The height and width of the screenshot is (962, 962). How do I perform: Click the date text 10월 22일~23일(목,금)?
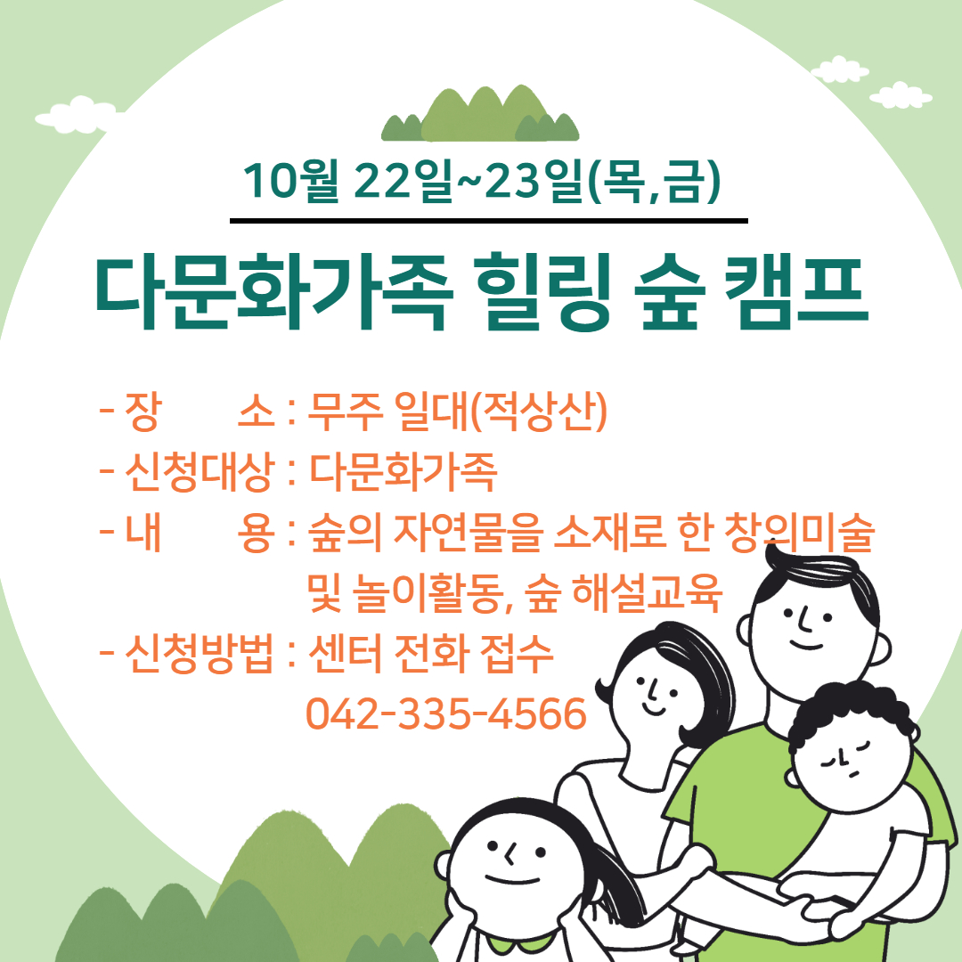(482, 181)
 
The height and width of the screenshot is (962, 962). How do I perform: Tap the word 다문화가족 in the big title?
(273, 293)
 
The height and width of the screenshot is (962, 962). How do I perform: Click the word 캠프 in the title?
(795, 293)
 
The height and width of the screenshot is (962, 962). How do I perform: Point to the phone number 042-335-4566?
(446, 713)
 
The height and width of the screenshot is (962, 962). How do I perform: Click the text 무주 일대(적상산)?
(457, 411)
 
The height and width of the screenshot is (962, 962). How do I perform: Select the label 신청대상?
(199, 472)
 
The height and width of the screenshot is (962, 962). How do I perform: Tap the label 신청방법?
(199, 654)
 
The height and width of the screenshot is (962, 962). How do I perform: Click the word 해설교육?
(647, 592)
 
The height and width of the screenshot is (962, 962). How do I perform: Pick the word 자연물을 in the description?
(469, 532)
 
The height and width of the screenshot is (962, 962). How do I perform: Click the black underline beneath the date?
(489, 221)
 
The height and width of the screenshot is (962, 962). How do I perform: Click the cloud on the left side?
(77, 115)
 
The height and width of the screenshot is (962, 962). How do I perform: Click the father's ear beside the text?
(882, 650)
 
